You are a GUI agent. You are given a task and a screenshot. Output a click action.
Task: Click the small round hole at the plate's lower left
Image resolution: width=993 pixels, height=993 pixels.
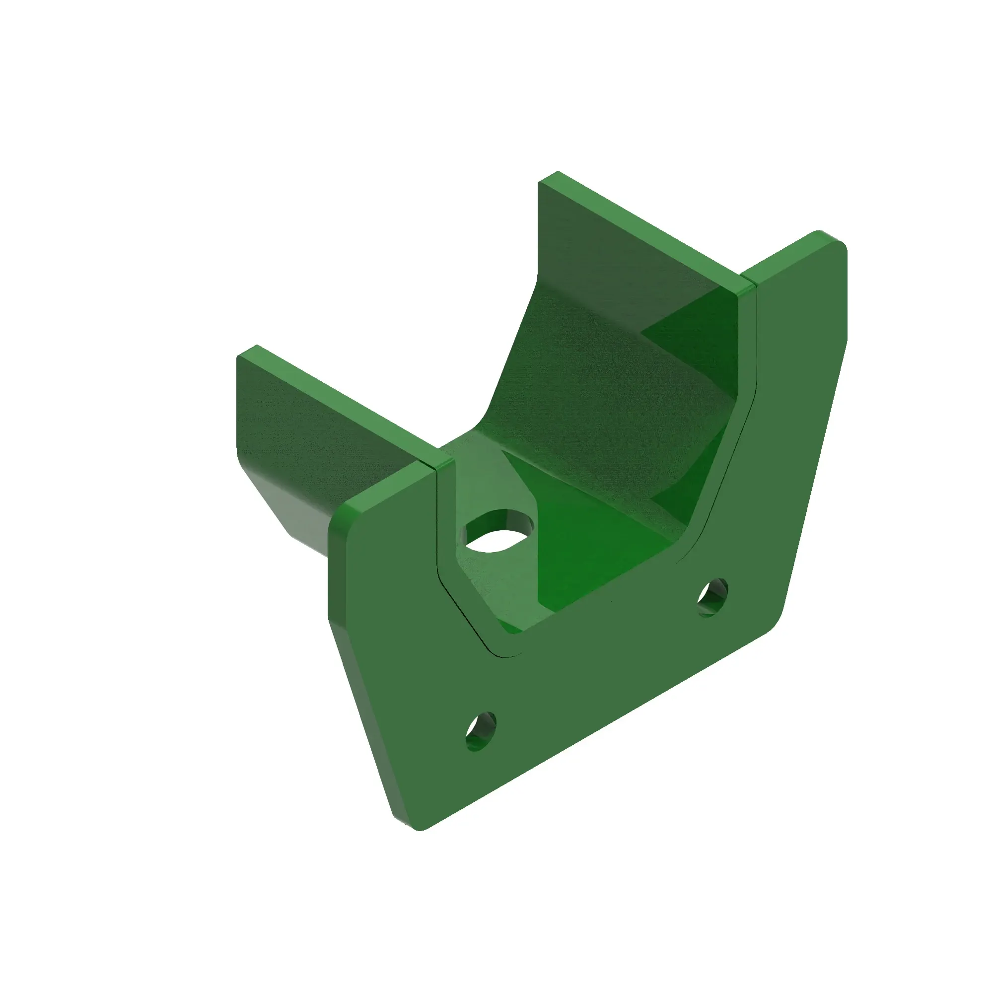pos(481,731)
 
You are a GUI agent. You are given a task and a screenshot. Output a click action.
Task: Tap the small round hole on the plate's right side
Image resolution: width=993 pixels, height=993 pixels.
pos(712,596)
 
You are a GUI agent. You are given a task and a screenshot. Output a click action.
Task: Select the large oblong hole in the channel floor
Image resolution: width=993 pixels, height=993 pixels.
pos(498,535)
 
